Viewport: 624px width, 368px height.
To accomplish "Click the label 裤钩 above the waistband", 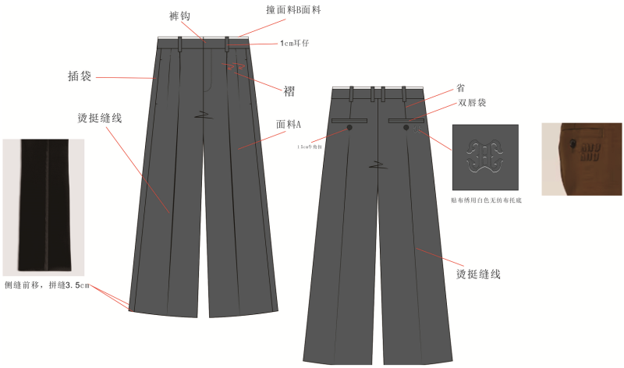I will point(179,16).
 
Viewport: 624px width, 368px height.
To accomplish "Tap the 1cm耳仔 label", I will point(295,44).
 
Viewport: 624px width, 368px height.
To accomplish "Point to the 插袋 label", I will point(80,76).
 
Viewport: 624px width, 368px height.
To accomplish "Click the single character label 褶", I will point(289,91).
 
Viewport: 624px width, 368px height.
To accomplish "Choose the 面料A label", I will point(289,124).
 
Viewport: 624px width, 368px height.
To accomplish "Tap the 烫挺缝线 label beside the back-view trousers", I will point(477,274).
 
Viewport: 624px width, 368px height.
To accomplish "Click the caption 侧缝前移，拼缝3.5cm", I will point(47,286).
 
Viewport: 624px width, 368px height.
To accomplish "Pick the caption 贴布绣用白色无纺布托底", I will point(487,200).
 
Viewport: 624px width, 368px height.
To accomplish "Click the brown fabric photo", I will point(582,158).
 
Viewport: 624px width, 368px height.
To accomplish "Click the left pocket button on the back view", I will point(349,127).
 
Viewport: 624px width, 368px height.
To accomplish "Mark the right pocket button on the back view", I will point(406,127).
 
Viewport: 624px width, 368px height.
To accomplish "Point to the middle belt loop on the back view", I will point(373,93).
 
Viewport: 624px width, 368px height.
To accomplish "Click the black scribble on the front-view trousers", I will point(205,115).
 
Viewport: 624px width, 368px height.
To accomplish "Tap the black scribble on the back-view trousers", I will point(379,165).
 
